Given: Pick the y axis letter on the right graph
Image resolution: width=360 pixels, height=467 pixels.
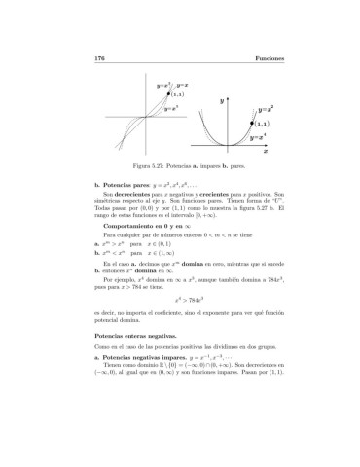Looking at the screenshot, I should pyautogui.click(x=222, y=99).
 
